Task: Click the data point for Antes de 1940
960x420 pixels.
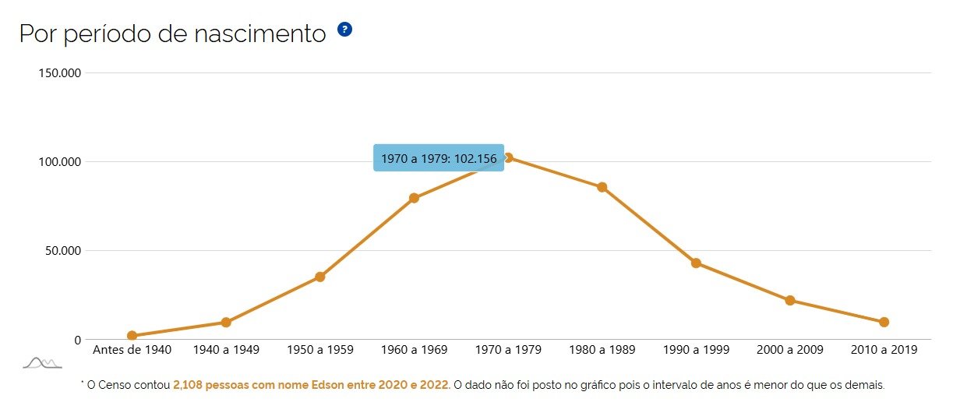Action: point(132,336)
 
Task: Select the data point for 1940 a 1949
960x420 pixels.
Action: point(226,323)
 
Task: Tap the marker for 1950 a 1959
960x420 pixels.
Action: point(320,277)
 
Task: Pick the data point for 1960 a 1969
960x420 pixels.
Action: point(414,198)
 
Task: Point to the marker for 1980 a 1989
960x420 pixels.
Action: point(602,187)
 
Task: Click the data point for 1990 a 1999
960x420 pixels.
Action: point(696,263)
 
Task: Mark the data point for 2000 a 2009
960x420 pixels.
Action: point(790,300)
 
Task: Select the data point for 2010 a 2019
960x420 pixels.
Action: point(884,322)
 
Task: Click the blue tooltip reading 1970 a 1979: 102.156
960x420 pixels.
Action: point(439,158)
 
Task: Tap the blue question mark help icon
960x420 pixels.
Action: point(344,30)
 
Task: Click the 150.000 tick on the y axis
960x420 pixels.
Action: point(60,73)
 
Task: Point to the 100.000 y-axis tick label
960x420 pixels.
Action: point(60,162)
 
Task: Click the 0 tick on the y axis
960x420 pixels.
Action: point(77,340)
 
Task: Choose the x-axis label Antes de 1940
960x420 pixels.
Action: point(132,350)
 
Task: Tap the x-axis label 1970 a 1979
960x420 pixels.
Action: point(508,350)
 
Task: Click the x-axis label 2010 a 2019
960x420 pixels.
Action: point(884,350)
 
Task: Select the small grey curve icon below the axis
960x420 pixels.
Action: point(42,362)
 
